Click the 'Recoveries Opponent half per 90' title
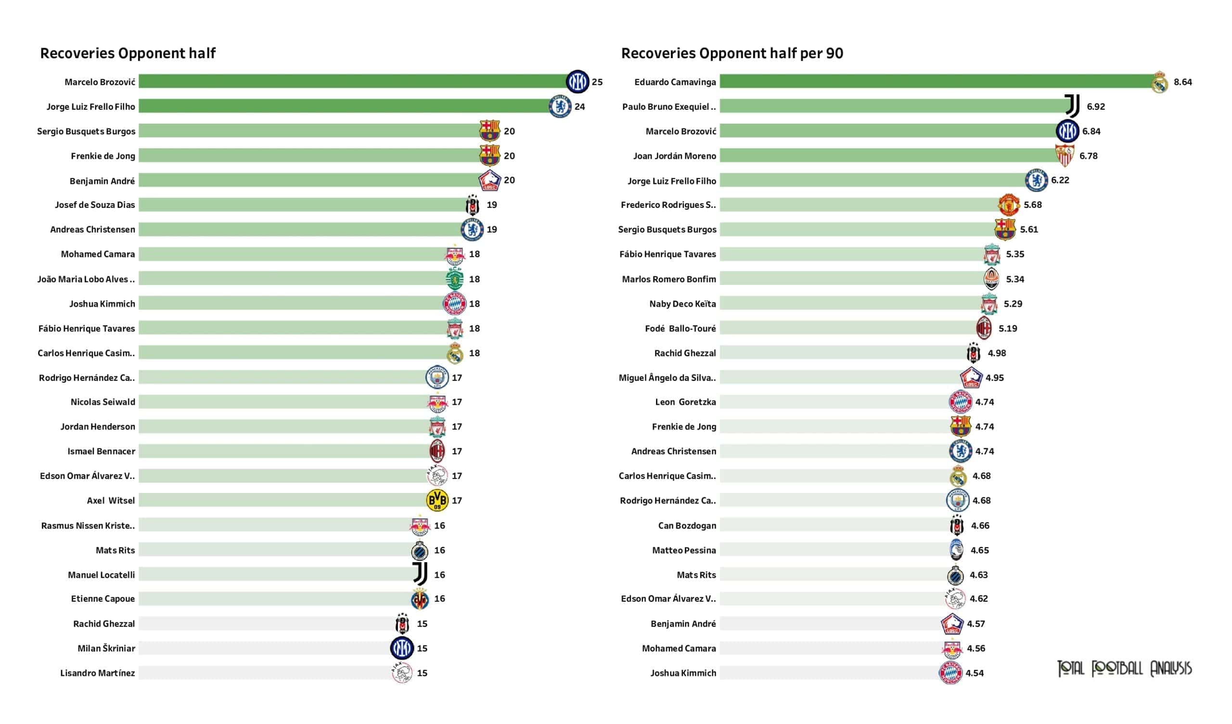[732, 53]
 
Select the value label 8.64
[1182, 82]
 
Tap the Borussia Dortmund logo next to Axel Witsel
[437, 500]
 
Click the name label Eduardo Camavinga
[675, 82]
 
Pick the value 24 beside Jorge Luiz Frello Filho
[579, 106]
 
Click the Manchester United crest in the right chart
[1009, 205]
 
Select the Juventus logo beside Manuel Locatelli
[420, 573]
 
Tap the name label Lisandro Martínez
[97, 672]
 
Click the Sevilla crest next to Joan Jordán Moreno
[1065, 155]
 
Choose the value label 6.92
[1096, 106]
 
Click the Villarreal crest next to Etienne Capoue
[420, 599]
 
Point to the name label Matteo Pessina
[683, 550]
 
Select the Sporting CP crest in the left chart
[455, 279]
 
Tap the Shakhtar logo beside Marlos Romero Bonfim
[991, 279]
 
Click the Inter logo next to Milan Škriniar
[402, 648]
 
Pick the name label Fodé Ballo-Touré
[680, 328]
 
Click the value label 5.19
[1008, 328]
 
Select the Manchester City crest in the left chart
[437, 377]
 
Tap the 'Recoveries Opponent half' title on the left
[128, 53]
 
